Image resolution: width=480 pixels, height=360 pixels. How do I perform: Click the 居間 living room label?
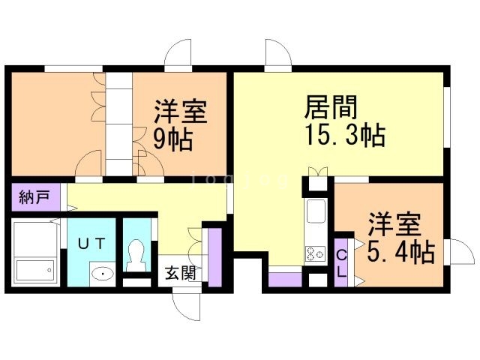point(331,107)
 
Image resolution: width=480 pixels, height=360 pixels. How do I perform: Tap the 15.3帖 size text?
point(345,135)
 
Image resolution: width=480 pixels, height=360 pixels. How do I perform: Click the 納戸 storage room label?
point(34,197)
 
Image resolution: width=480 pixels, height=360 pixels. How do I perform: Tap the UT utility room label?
point(91,244)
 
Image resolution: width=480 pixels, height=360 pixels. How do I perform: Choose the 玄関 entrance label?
point(181,273)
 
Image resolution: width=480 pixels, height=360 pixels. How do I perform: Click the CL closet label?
point(341,263)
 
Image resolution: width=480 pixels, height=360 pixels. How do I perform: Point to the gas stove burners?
point(315,253)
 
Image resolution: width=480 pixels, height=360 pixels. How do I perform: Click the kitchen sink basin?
point(316,211)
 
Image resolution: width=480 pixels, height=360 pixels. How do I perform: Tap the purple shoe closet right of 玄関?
point(215,258)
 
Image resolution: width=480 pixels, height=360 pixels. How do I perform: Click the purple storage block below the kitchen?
point(285,280)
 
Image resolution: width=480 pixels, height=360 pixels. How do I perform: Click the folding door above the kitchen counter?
point(318,172)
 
